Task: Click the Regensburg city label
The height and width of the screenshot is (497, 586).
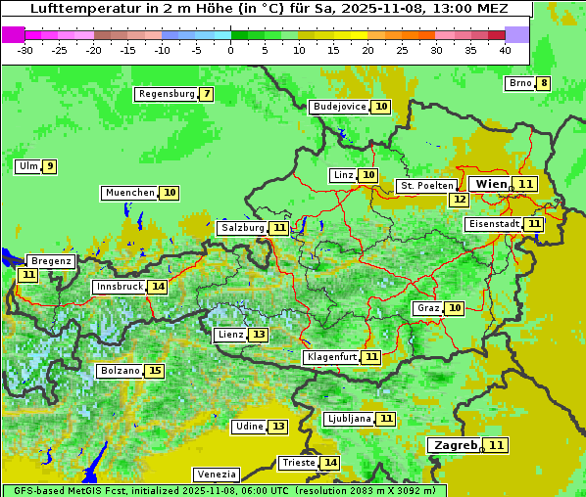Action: (167, 94)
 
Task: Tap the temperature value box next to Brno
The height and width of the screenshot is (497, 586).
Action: (544, 83)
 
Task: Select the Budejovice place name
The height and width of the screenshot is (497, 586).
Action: (339, 107)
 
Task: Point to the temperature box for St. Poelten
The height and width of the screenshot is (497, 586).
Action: (459, 199)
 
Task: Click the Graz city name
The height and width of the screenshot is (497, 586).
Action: (428, 308)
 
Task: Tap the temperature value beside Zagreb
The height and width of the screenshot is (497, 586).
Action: (498, 445)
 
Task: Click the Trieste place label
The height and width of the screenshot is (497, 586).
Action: (298, 463)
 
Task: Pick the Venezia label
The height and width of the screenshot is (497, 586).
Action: (215, 474)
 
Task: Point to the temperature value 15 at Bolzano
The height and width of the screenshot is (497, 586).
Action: (155, 371)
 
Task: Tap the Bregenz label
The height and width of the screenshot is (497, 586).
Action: (51, 261)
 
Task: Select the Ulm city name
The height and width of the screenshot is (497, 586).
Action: (27, 166)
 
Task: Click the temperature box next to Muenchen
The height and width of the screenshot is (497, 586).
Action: (170, 193)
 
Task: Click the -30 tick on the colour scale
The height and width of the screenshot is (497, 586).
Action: (25, 51)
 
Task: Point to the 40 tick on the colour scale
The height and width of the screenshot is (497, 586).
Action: (505, 51)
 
